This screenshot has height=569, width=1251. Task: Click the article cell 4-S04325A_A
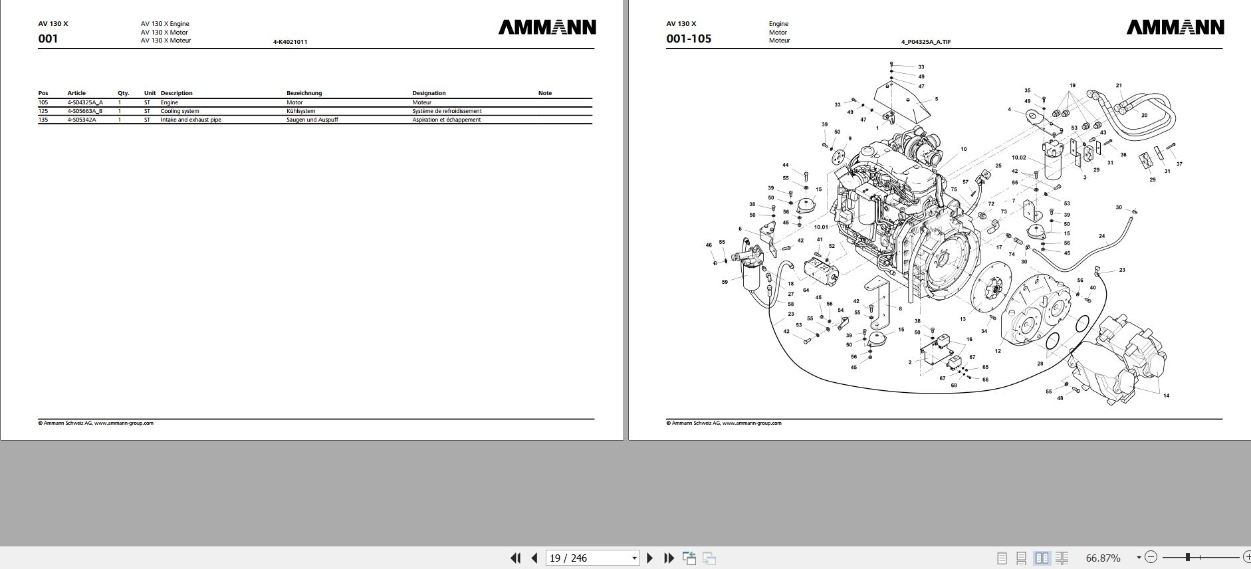(85, 102)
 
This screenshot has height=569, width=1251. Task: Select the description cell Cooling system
(179, 111)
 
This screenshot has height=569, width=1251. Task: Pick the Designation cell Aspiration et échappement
(446, 120)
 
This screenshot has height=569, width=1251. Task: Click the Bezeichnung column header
(304, 93)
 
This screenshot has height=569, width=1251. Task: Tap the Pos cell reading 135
(43, 120)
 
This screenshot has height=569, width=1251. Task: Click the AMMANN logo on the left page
(546, 27)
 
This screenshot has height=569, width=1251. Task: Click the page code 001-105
(689, 39)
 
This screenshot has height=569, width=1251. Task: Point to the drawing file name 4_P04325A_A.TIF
(925, 42)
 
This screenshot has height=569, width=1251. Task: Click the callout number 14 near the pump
(1166, 396)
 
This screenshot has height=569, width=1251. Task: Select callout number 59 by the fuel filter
(725, 282)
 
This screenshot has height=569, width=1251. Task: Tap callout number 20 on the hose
(1144, 115)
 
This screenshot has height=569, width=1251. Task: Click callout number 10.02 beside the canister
(1018, 158)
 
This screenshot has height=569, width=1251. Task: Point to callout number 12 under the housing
(998, 351)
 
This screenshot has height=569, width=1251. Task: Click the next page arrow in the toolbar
(650, 558)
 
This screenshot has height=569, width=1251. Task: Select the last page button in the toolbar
(669, 558)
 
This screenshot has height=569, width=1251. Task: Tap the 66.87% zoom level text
(1103, 558)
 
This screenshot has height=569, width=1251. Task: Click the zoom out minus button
(1151, 557)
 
